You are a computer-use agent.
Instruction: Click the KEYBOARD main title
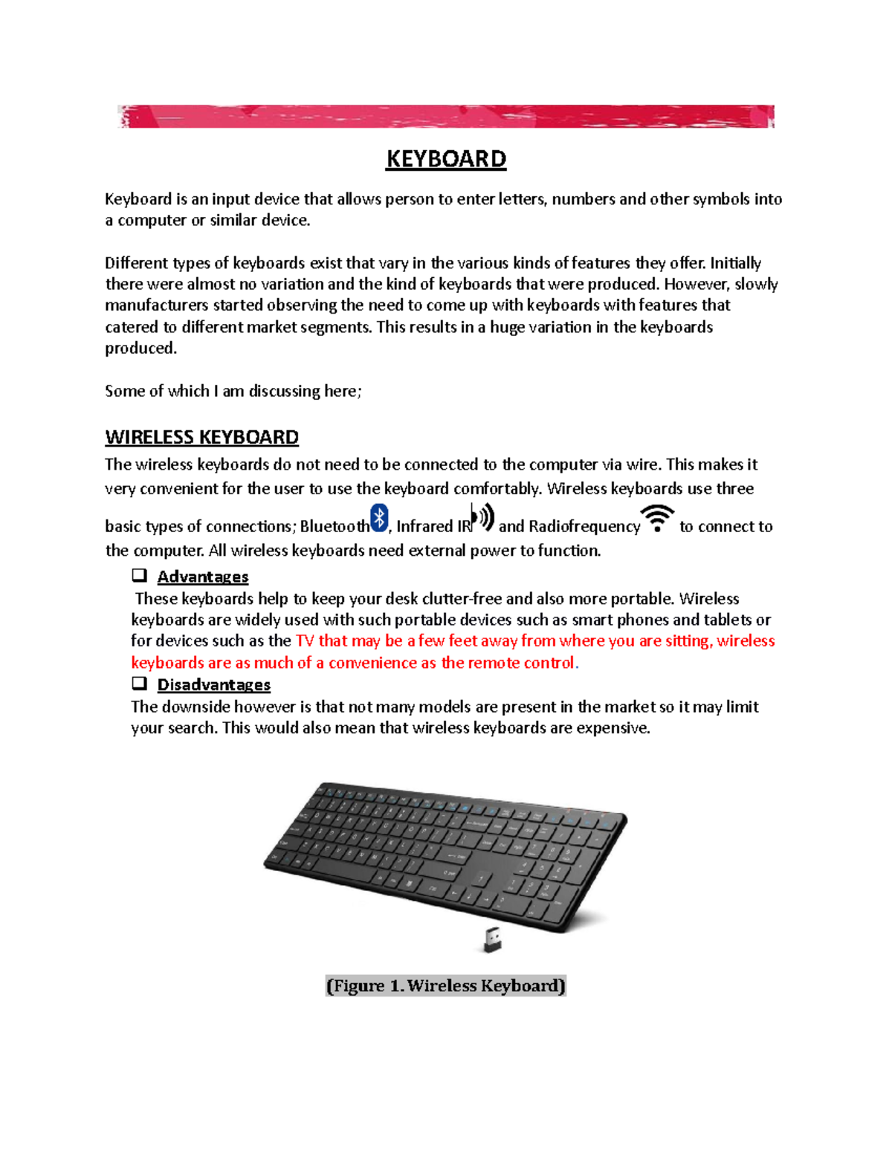click(x=445, y=159)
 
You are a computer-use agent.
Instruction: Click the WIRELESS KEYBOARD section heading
click(x=201, y=437)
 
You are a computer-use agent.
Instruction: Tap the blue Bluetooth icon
click(x=379, y=518)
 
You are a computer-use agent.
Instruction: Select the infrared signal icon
click(x=483, y=517)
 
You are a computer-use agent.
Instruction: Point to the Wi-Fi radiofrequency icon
click(x=657, y=518)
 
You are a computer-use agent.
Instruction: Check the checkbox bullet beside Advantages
click(x=139, y=575)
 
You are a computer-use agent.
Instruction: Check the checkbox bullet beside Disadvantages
click(x=139, y=683)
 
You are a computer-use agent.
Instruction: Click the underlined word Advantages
click(x=202, y=577)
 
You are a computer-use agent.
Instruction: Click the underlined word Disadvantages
click(x=213, y=684)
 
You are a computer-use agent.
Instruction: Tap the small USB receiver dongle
click(x=492, y=939)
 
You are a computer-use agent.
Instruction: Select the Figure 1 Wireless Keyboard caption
click(x=445, y=985)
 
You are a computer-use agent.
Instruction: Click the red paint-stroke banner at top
click(x=445, y=117)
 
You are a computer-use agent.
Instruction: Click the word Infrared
click(x=424, y=526)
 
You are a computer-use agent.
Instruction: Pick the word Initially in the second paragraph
click(x=735, y=263)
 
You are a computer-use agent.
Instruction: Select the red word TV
click(x=305, y=641)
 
